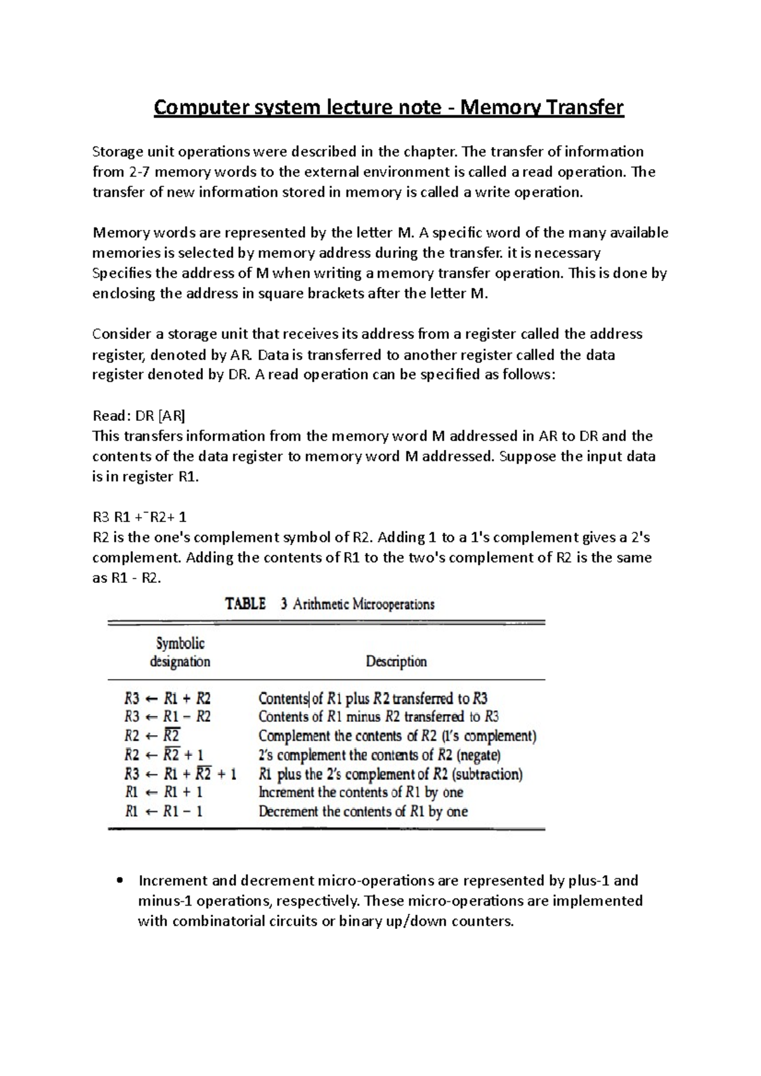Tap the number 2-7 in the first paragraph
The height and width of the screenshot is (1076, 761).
coord(140,172)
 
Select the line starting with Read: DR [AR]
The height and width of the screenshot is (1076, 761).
coord(139,416)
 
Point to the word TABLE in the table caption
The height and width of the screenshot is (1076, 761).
coord(245,604)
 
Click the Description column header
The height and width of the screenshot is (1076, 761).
coord(396,662)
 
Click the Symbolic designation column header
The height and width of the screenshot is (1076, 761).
coord(180,653)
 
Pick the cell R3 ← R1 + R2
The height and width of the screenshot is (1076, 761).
coord(167,699)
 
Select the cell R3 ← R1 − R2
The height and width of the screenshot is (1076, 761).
coord(167,717)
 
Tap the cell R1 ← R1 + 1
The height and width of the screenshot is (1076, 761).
coord(164,792)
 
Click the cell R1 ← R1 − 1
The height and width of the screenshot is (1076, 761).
coord(164,811)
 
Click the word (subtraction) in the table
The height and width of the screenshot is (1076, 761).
coord(488,774)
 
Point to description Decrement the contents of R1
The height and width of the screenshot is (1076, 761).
coord(363,811)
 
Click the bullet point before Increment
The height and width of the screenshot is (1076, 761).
coord(120,881)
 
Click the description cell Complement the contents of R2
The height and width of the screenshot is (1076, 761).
coord(398,736)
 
